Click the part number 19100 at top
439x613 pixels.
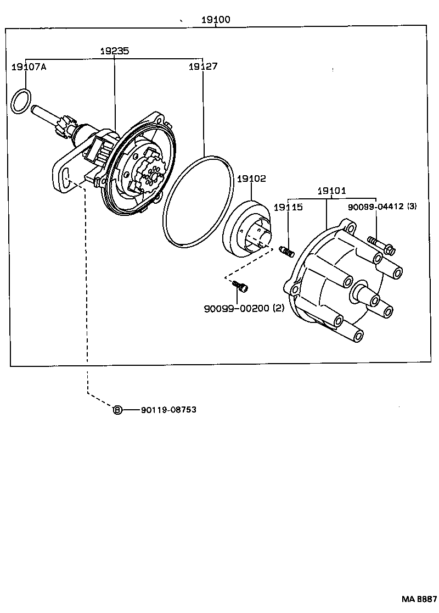[x=216, y=20]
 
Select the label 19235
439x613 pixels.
[x=114, y=51]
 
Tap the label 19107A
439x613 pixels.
[x=29, y=66]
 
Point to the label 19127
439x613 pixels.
[x=202, y=66]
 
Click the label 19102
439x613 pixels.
[x=251, y=179]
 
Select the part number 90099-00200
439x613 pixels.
[x=237, y=309]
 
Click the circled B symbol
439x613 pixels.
[x=117, y=410]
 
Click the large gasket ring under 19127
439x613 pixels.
[x=198, y=200]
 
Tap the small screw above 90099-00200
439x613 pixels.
[x=240, y=286]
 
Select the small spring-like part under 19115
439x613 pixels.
[x=288, y=251]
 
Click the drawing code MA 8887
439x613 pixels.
[x=419, y=599]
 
